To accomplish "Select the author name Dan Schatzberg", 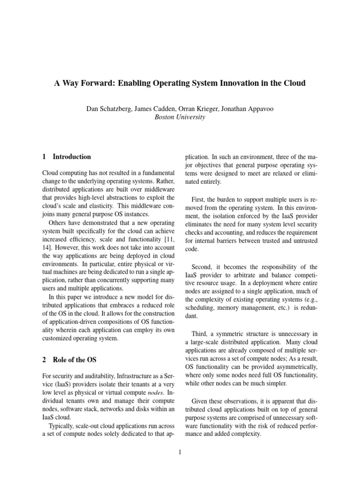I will point(109,109).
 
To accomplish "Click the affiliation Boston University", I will point(180,117).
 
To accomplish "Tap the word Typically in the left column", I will point(64,426).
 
